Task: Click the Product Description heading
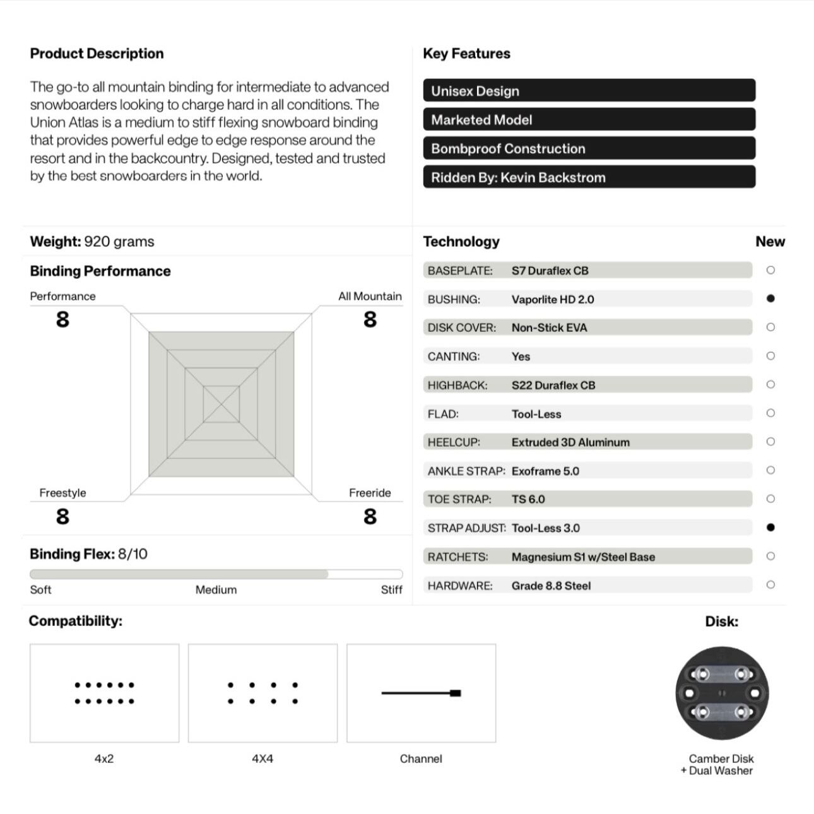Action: click(x=97, y=54)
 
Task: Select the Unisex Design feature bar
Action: click(x=589, y=90)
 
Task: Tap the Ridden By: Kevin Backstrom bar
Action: click(x=589, y=177)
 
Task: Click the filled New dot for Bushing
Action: click(x=770, y=298)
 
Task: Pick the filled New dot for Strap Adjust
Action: click(x=770, y=528)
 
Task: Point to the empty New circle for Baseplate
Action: click(x=770, y=270)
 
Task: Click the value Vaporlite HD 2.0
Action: click(x=553, y=299)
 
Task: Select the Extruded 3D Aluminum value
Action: click(x=570, y=442)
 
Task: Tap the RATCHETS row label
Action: click(x=457, y=557)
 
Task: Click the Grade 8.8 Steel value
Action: click(x=551, y=586)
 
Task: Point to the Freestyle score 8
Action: click(x=62, y=517)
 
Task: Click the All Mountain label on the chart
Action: click(x=370, y=296)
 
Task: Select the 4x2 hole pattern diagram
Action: click(x=104, y=693)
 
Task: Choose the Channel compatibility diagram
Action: click(x=421, y=693)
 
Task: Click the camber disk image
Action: click(x=722, y=693)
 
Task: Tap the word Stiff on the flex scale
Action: click(x=391, y=589)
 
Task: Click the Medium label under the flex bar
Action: click(x=216, y=589)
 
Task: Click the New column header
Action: click(x=770, y=242)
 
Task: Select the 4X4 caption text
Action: click(x=262, y=758)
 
